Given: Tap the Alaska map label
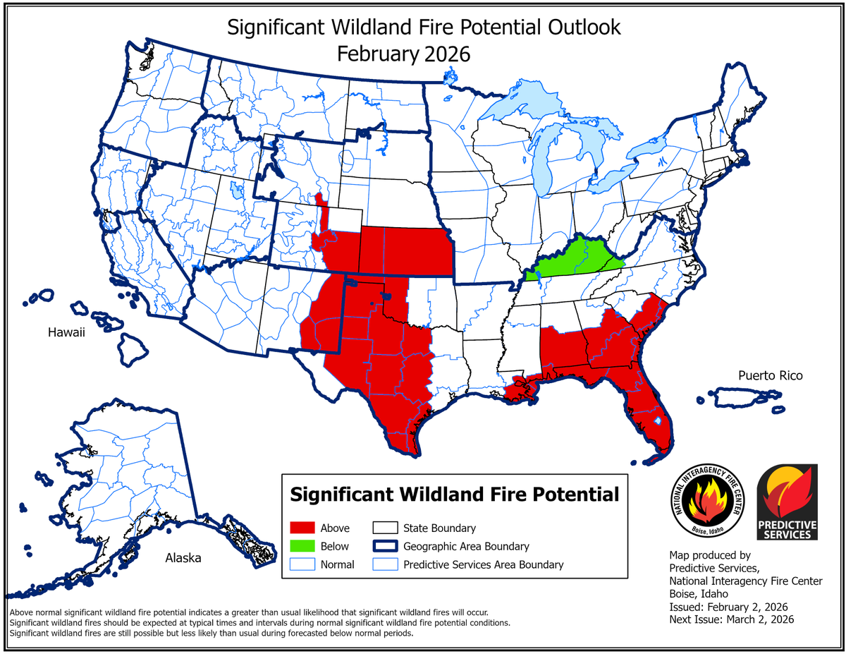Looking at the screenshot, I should point(183,558).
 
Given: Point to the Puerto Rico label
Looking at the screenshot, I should point(770,375).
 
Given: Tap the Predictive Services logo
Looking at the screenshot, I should point(787,502).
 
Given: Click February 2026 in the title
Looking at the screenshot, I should point(403,54).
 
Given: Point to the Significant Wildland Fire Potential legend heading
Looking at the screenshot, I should point(455,493).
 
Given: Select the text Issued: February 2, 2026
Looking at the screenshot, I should point(728,607).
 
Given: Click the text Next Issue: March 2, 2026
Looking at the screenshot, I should point(731,619).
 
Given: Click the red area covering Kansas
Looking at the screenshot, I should point(409,251).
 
